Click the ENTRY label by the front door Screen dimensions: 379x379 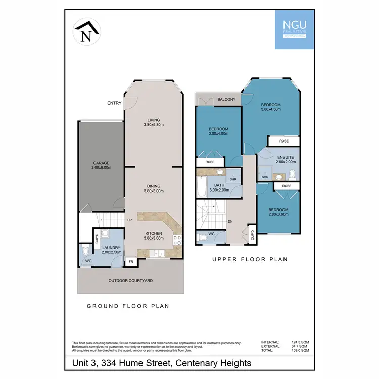click(x=114, y=103)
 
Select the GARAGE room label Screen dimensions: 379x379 click(x=101, y=163)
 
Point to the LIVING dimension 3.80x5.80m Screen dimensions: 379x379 click(x=154, y=125)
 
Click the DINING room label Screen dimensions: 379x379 click(x=154, y=186)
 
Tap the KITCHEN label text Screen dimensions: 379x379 click(x=154, y=233)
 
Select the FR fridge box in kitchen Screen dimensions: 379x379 click(x=131, y=262)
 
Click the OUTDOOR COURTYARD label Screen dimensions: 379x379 click(x=130, y=280)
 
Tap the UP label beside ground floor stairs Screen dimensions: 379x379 click(x=129, y=220)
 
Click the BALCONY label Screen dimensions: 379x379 click(x=226, y=100)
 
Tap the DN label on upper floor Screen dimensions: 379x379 click(x=229, y=221)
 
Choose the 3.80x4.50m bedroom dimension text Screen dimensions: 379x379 click(x=271, y=109)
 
